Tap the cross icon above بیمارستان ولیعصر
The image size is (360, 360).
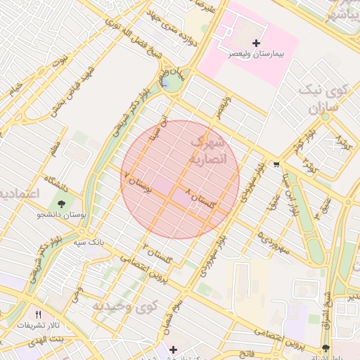click(256, 44)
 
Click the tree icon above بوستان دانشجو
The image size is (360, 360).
click(63, 205)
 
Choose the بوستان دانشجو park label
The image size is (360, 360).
click(61, 216)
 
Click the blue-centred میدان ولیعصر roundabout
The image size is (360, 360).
click(169, 82)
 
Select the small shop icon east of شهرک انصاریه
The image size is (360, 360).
click(276, 165)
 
